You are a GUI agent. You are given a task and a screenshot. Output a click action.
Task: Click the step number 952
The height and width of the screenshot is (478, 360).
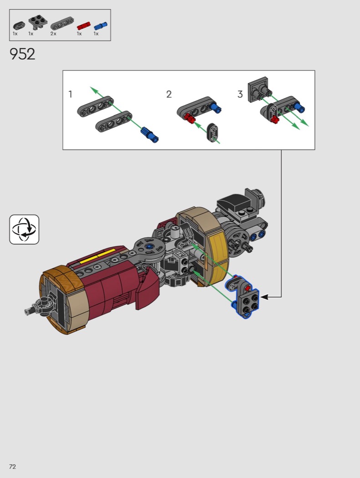pos(23,54)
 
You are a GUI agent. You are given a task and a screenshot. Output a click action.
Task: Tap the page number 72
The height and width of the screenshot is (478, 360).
pos(12,467)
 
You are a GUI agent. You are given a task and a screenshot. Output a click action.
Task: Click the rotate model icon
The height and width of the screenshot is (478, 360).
pos(24,229)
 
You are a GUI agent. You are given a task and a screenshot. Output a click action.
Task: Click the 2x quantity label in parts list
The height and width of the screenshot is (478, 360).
pos(53,34)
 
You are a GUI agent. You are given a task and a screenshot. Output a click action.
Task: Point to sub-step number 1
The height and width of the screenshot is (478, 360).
pos(70,94)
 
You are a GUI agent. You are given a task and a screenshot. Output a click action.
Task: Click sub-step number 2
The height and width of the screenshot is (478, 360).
pos(169,94)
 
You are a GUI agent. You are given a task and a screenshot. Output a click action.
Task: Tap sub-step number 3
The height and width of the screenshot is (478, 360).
pos(240,94)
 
